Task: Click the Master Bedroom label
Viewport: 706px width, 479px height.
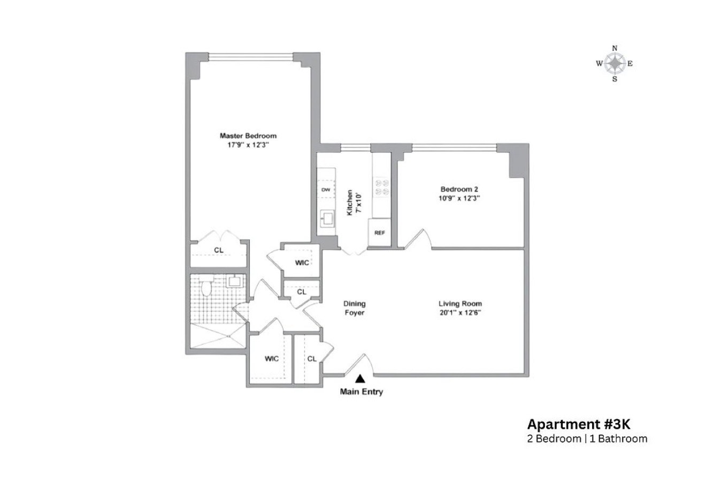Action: point(248,136)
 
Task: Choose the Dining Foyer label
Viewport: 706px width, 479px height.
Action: point(354,308)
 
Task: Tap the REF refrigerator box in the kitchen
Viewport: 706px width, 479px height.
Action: point(380,233)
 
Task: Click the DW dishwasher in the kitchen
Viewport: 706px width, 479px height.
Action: point(325,190)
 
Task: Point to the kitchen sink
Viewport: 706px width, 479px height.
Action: point(326,218)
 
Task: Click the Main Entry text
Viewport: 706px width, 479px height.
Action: point(362,392)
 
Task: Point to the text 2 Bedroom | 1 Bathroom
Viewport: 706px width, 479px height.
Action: point(587,439)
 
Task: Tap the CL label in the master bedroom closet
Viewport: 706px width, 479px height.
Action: point(219,250)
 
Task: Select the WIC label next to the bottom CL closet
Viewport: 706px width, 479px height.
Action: point(272,359)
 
